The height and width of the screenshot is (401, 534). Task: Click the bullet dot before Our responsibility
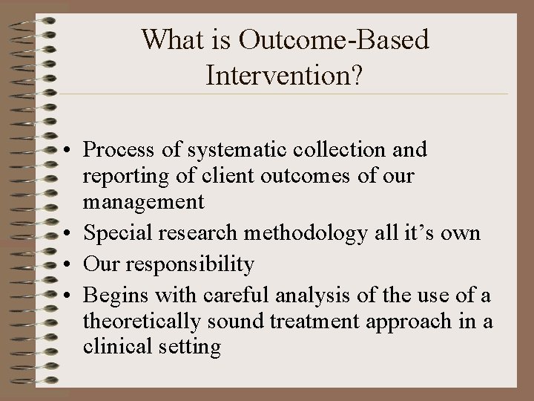coord(67,264)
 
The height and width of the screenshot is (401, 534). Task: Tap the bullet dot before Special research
coord(67,234)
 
